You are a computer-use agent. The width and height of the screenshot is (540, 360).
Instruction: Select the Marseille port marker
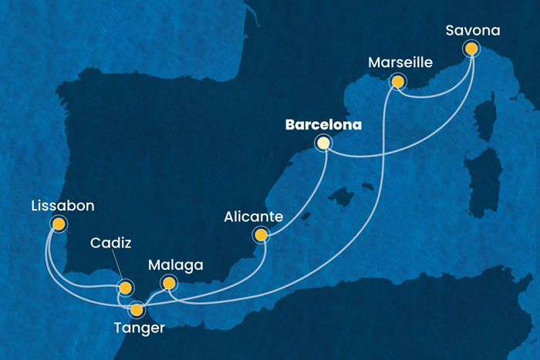click(x=397, y=81)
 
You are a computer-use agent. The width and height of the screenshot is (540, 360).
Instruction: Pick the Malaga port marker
click(x=167, y=284)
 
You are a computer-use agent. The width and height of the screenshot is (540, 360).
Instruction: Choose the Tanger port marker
click(x=137, y=310)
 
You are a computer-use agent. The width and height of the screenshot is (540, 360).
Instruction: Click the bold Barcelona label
click(x=324, y=123)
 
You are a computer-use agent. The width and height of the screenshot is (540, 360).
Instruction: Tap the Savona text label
click(x=473, y=31)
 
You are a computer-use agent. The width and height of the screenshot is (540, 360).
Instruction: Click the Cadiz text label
click(x=112, y=244)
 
